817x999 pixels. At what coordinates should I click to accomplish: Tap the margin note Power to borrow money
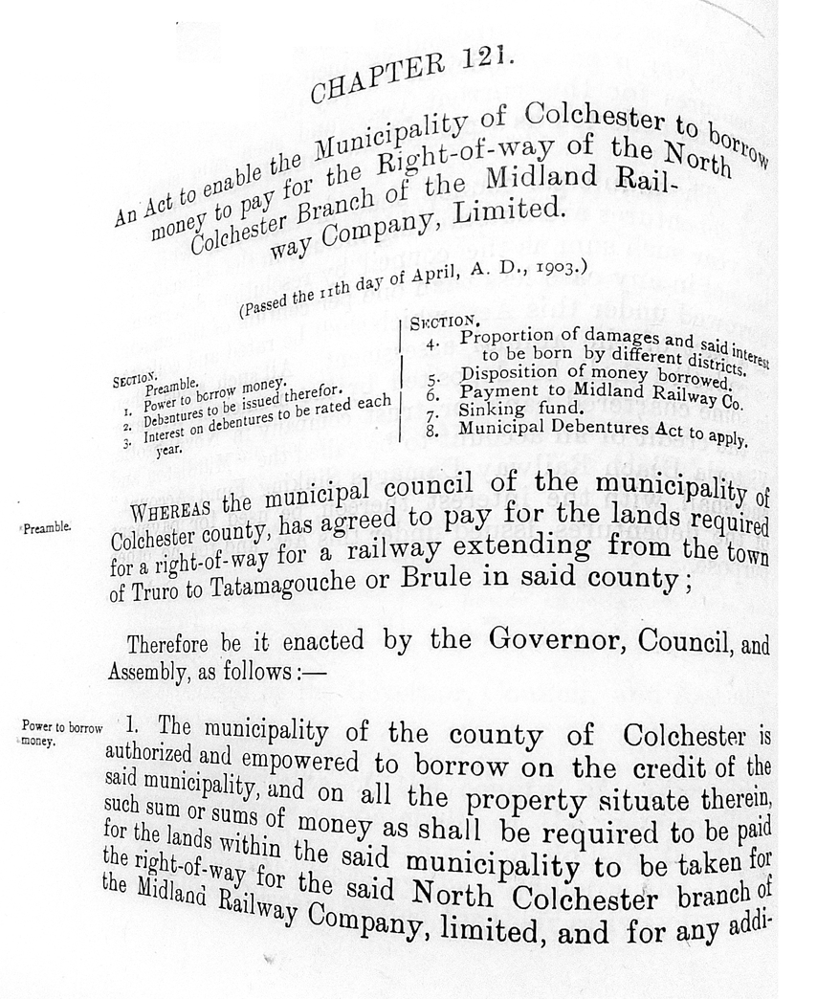(59, 733)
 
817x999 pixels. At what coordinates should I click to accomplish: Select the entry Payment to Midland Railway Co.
(589, 392)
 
